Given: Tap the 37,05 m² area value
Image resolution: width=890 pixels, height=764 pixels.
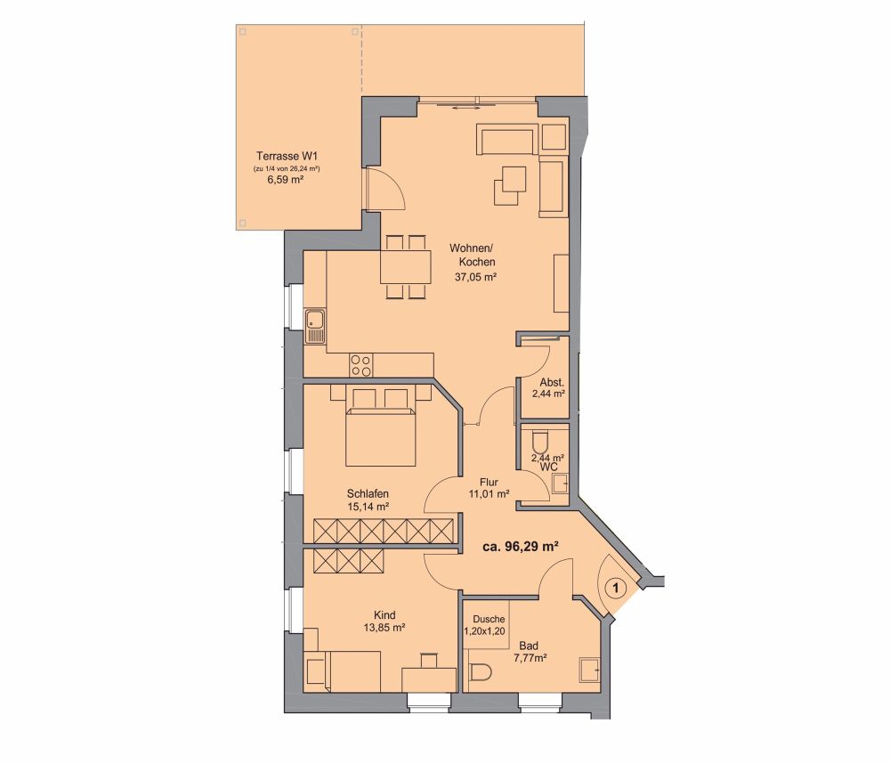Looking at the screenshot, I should click(x=472, y=277).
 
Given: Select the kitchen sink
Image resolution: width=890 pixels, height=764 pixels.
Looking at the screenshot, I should click(x=315, y=326).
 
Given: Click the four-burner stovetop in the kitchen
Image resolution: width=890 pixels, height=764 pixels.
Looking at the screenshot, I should click(x=360, y=364).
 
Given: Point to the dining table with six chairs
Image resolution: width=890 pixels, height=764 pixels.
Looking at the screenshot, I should click(x=405, y=265).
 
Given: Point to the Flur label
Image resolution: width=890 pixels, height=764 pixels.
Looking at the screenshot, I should click(x=488, y=481).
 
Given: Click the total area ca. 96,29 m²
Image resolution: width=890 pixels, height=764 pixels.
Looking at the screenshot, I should click(x=520, y=548).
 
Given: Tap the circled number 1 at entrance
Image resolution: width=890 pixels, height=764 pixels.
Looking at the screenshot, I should click(x=615, y=588).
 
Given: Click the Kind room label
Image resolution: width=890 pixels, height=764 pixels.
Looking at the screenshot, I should click(x=384, y=614).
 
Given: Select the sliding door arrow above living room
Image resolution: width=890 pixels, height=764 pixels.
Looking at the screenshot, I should click(x=465, y=107).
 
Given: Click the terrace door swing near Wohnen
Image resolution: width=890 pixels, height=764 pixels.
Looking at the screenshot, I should click(x=387, y=189).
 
